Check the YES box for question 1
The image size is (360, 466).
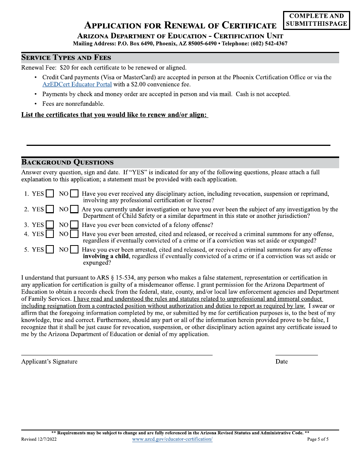(50, 194)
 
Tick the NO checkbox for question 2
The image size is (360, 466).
(74, 210)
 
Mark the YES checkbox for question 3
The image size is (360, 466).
(50, 225)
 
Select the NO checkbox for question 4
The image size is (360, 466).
(74, 234)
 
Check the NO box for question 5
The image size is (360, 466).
(74, 250)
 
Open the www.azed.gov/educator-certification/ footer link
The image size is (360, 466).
(172, 439)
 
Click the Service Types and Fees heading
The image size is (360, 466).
(66, 58)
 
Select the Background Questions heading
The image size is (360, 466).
(67, 163)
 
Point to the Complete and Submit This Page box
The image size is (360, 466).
(316, 20)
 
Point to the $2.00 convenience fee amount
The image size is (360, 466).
(138, 84)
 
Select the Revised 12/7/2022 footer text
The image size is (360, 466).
(39, 439)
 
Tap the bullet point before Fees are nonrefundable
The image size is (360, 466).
(36, 104)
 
